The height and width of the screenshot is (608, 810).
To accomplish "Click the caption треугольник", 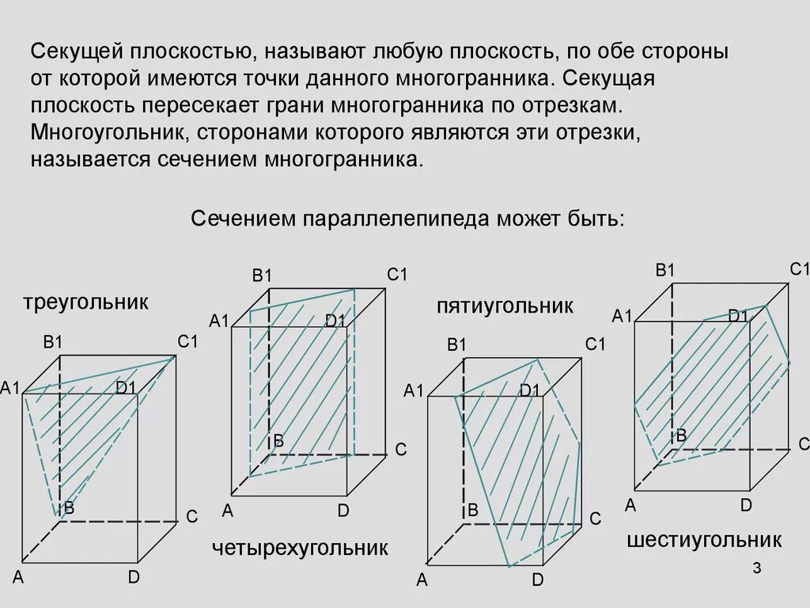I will tap(85, 302).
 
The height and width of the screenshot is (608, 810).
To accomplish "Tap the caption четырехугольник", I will tap(300, 548).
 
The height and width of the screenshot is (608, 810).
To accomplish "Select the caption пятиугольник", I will tap(505, 306).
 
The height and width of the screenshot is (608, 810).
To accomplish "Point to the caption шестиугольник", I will tap(704, 540).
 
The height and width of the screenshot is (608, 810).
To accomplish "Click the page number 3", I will tap(756, 569).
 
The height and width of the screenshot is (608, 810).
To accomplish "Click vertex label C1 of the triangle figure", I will tap(187, 342).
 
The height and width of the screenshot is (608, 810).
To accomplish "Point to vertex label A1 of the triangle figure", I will tap(9, 387).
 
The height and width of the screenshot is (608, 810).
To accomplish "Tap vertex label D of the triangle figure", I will tap(134, 577).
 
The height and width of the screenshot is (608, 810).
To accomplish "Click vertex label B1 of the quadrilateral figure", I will tap(262, 275).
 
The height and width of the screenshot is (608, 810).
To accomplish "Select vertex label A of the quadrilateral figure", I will tap(228, 511).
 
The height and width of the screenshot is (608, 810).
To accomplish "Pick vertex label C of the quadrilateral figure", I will tap(400, 450).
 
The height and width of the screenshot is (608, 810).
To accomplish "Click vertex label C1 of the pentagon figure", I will tap(595, 344).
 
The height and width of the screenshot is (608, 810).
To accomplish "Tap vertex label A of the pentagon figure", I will tap(422, 580).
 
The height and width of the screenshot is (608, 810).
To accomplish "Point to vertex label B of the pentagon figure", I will tap(473, 511).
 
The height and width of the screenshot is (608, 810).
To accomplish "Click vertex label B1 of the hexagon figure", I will tap(665, 270).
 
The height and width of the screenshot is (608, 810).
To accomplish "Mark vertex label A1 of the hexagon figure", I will tap(623, 317).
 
